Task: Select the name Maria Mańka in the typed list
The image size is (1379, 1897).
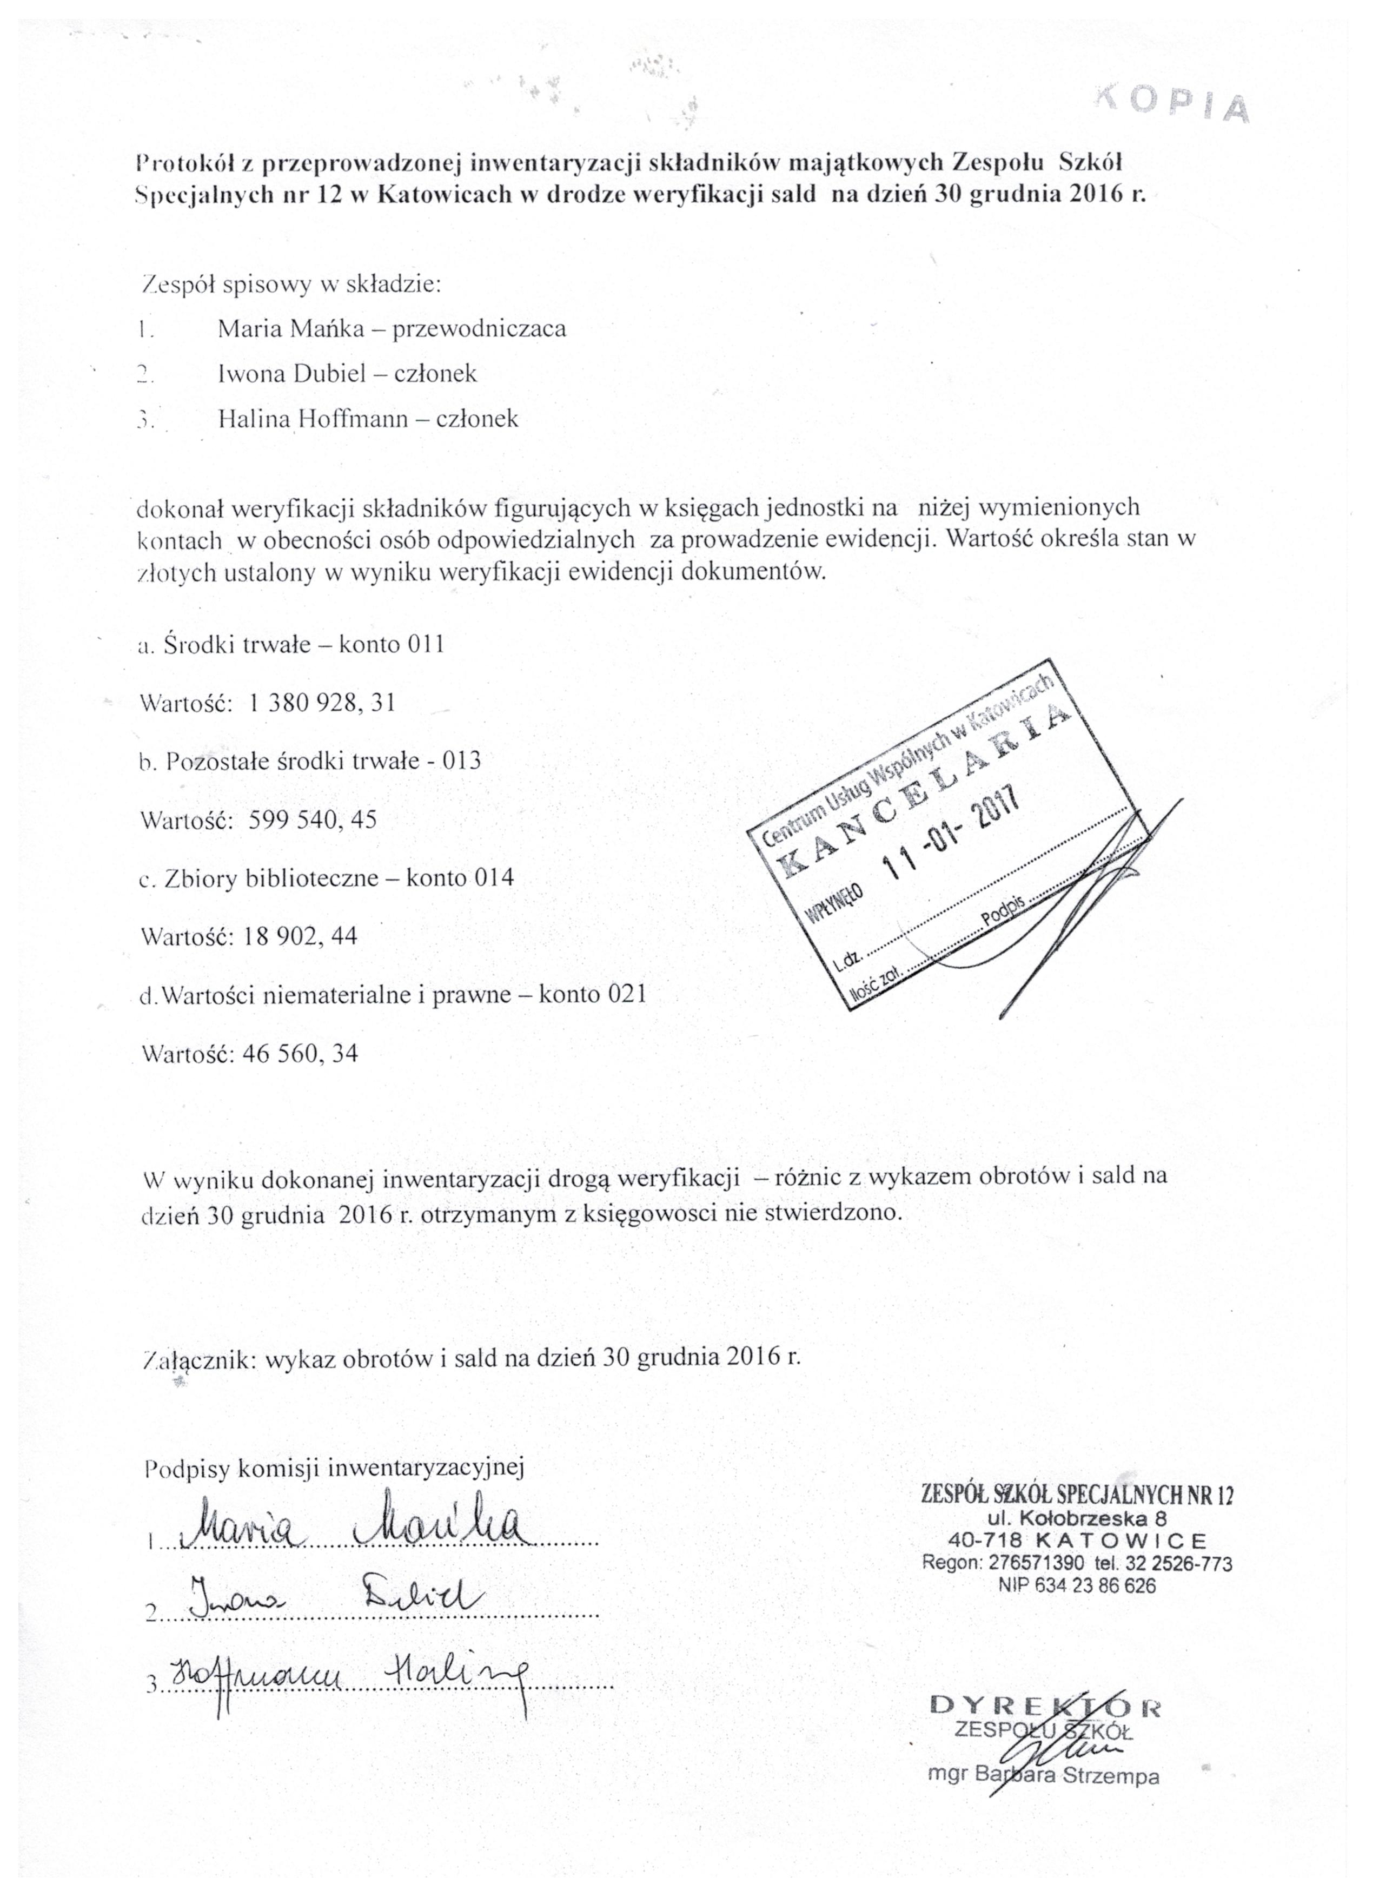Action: (x=291, y=328)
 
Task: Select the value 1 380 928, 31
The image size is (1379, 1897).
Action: (x=322, y=703)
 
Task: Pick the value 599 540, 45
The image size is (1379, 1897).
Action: (x=313, y=819)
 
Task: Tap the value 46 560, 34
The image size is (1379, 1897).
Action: (x=300, y=1053)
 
